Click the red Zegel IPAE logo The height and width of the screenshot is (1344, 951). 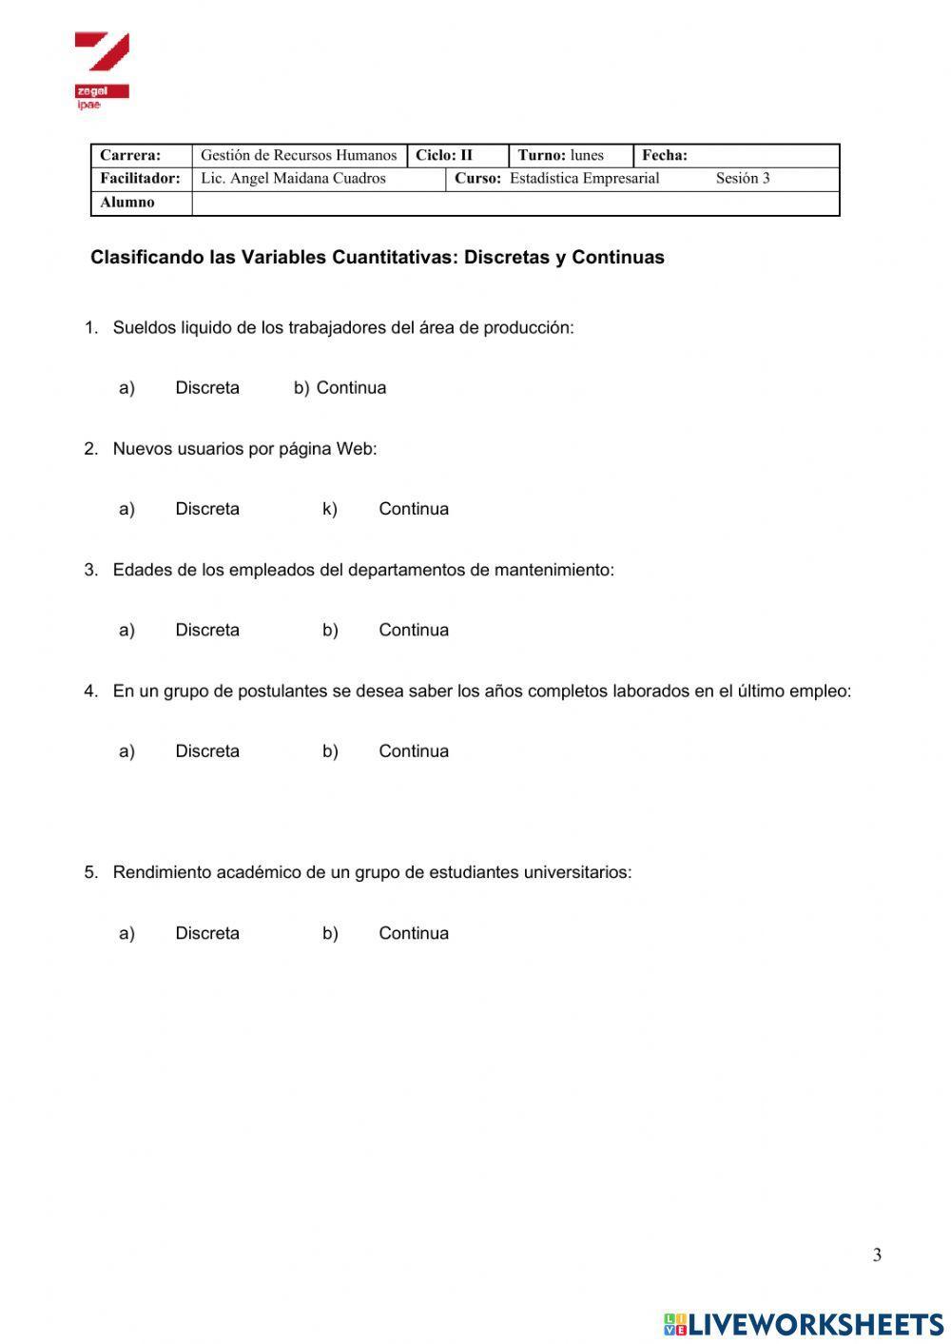(101, 69)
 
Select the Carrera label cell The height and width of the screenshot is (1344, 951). (131, 155)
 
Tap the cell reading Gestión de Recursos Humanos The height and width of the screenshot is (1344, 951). (299, 155)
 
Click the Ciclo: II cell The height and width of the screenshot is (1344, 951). (444, 155)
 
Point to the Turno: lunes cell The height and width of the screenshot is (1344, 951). (561, 155)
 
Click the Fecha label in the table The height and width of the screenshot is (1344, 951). (665, 155)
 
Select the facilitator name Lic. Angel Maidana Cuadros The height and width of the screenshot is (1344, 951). (293, 179)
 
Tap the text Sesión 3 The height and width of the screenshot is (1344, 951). (743, 179)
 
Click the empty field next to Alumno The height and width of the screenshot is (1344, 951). (514, 204)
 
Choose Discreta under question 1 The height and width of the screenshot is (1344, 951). (207, 388)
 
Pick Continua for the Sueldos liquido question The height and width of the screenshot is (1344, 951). (351, 388)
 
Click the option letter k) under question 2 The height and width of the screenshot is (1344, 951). (329, 509)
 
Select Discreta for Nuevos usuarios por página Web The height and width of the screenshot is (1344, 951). (207, 509)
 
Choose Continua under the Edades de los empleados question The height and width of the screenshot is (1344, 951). (414, 630)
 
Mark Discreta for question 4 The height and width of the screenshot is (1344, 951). (207, 751)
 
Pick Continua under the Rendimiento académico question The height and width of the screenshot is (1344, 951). (414, 933)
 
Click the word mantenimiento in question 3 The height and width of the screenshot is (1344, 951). (553, 570)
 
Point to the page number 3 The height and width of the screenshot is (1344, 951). (877, 1256)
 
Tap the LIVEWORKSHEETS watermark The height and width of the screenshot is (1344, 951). (804, 1324)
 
